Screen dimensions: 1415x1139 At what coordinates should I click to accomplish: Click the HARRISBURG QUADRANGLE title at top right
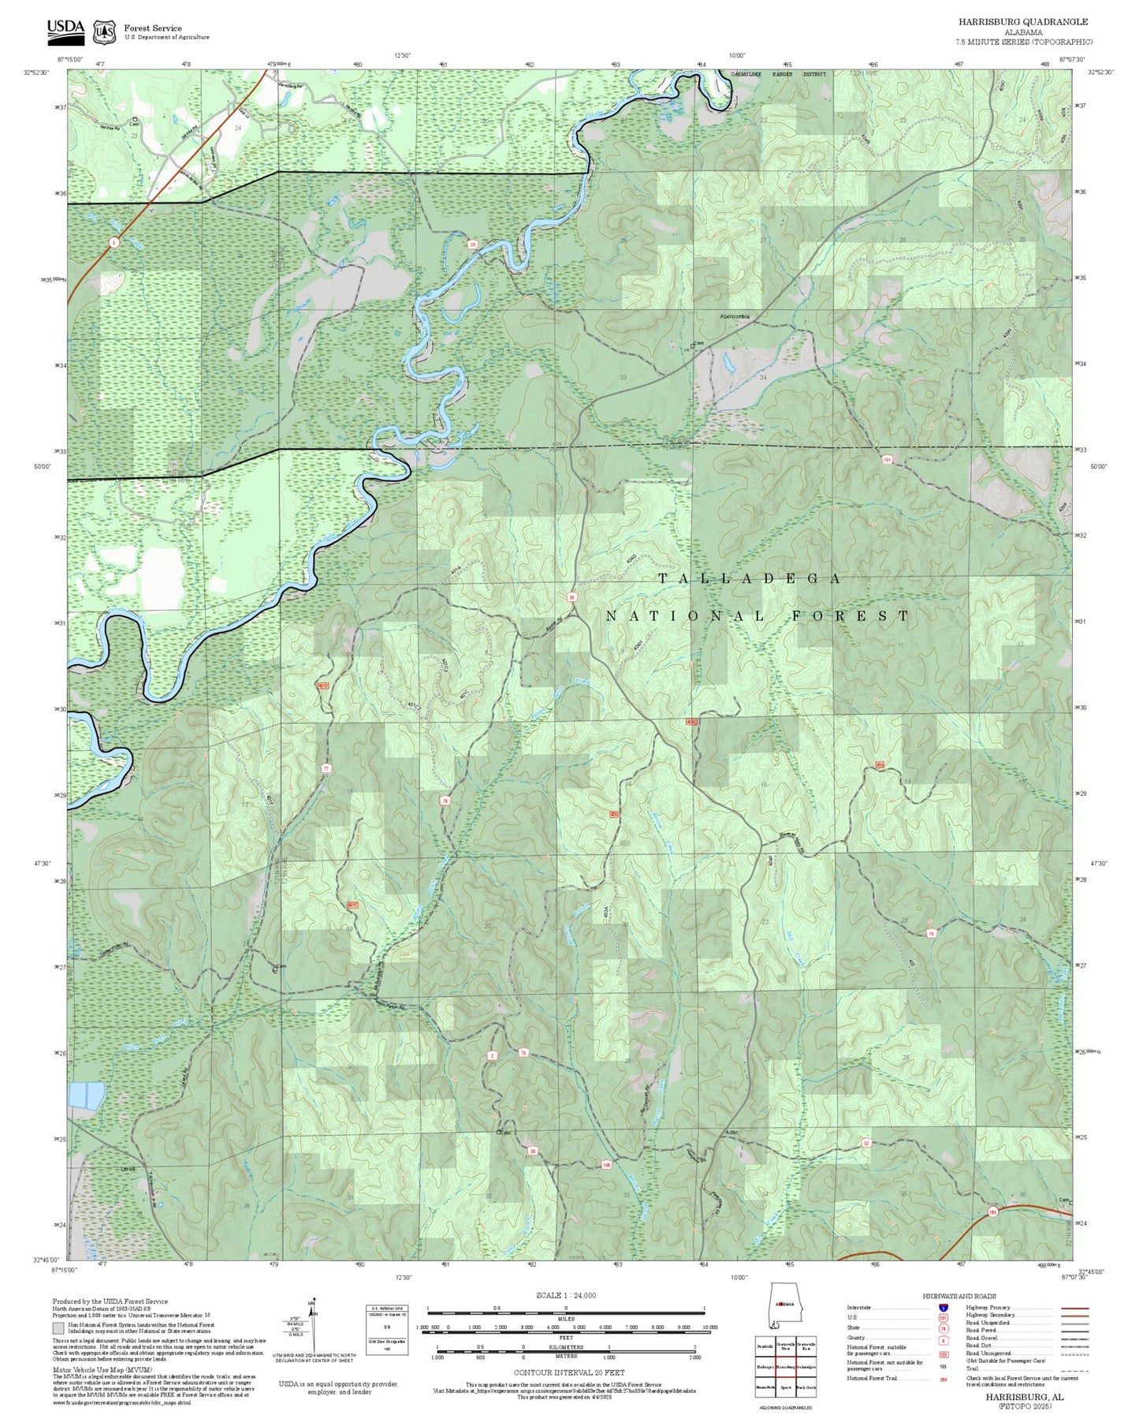(1022, 22)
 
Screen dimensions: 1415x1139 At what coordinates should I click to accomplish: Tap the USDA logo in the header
(65, 30)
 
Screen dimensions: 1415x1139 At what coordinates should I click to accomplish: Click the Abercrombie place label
(735, 316)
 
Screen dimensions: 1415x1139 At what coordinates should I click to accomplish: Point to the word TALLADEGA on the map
(750, 579)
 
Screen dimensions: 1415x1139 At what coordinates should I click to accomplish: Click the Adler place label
(731, 1133)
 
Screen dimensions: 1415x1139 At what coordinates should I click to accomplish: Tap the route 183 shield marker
(992, 1212)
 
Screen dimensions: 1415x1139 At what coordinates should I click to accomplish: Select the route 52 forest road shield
(866, 1143)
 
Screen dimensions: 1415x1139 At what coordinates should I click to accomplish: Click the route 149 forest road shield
(606, 1165)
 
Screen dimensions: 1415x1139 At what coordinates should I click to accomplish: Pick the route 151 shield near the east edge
(888, 459)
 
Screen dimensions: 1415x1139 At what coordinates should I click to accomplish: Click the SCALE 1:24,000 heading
(565, 1295)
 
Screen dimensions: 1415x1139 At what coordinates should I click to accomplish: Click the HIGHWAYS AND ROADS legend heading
(959, 1296)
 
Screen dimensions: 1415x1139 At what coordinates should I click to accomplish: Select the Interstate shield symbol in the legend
(943, 1308)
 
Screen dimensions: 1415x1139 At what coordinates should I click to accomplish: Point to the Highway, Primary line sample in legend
(1074, 1308)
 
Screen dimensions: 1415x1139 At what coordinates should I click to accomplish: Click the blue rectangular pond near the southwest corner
(87, 1095)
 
